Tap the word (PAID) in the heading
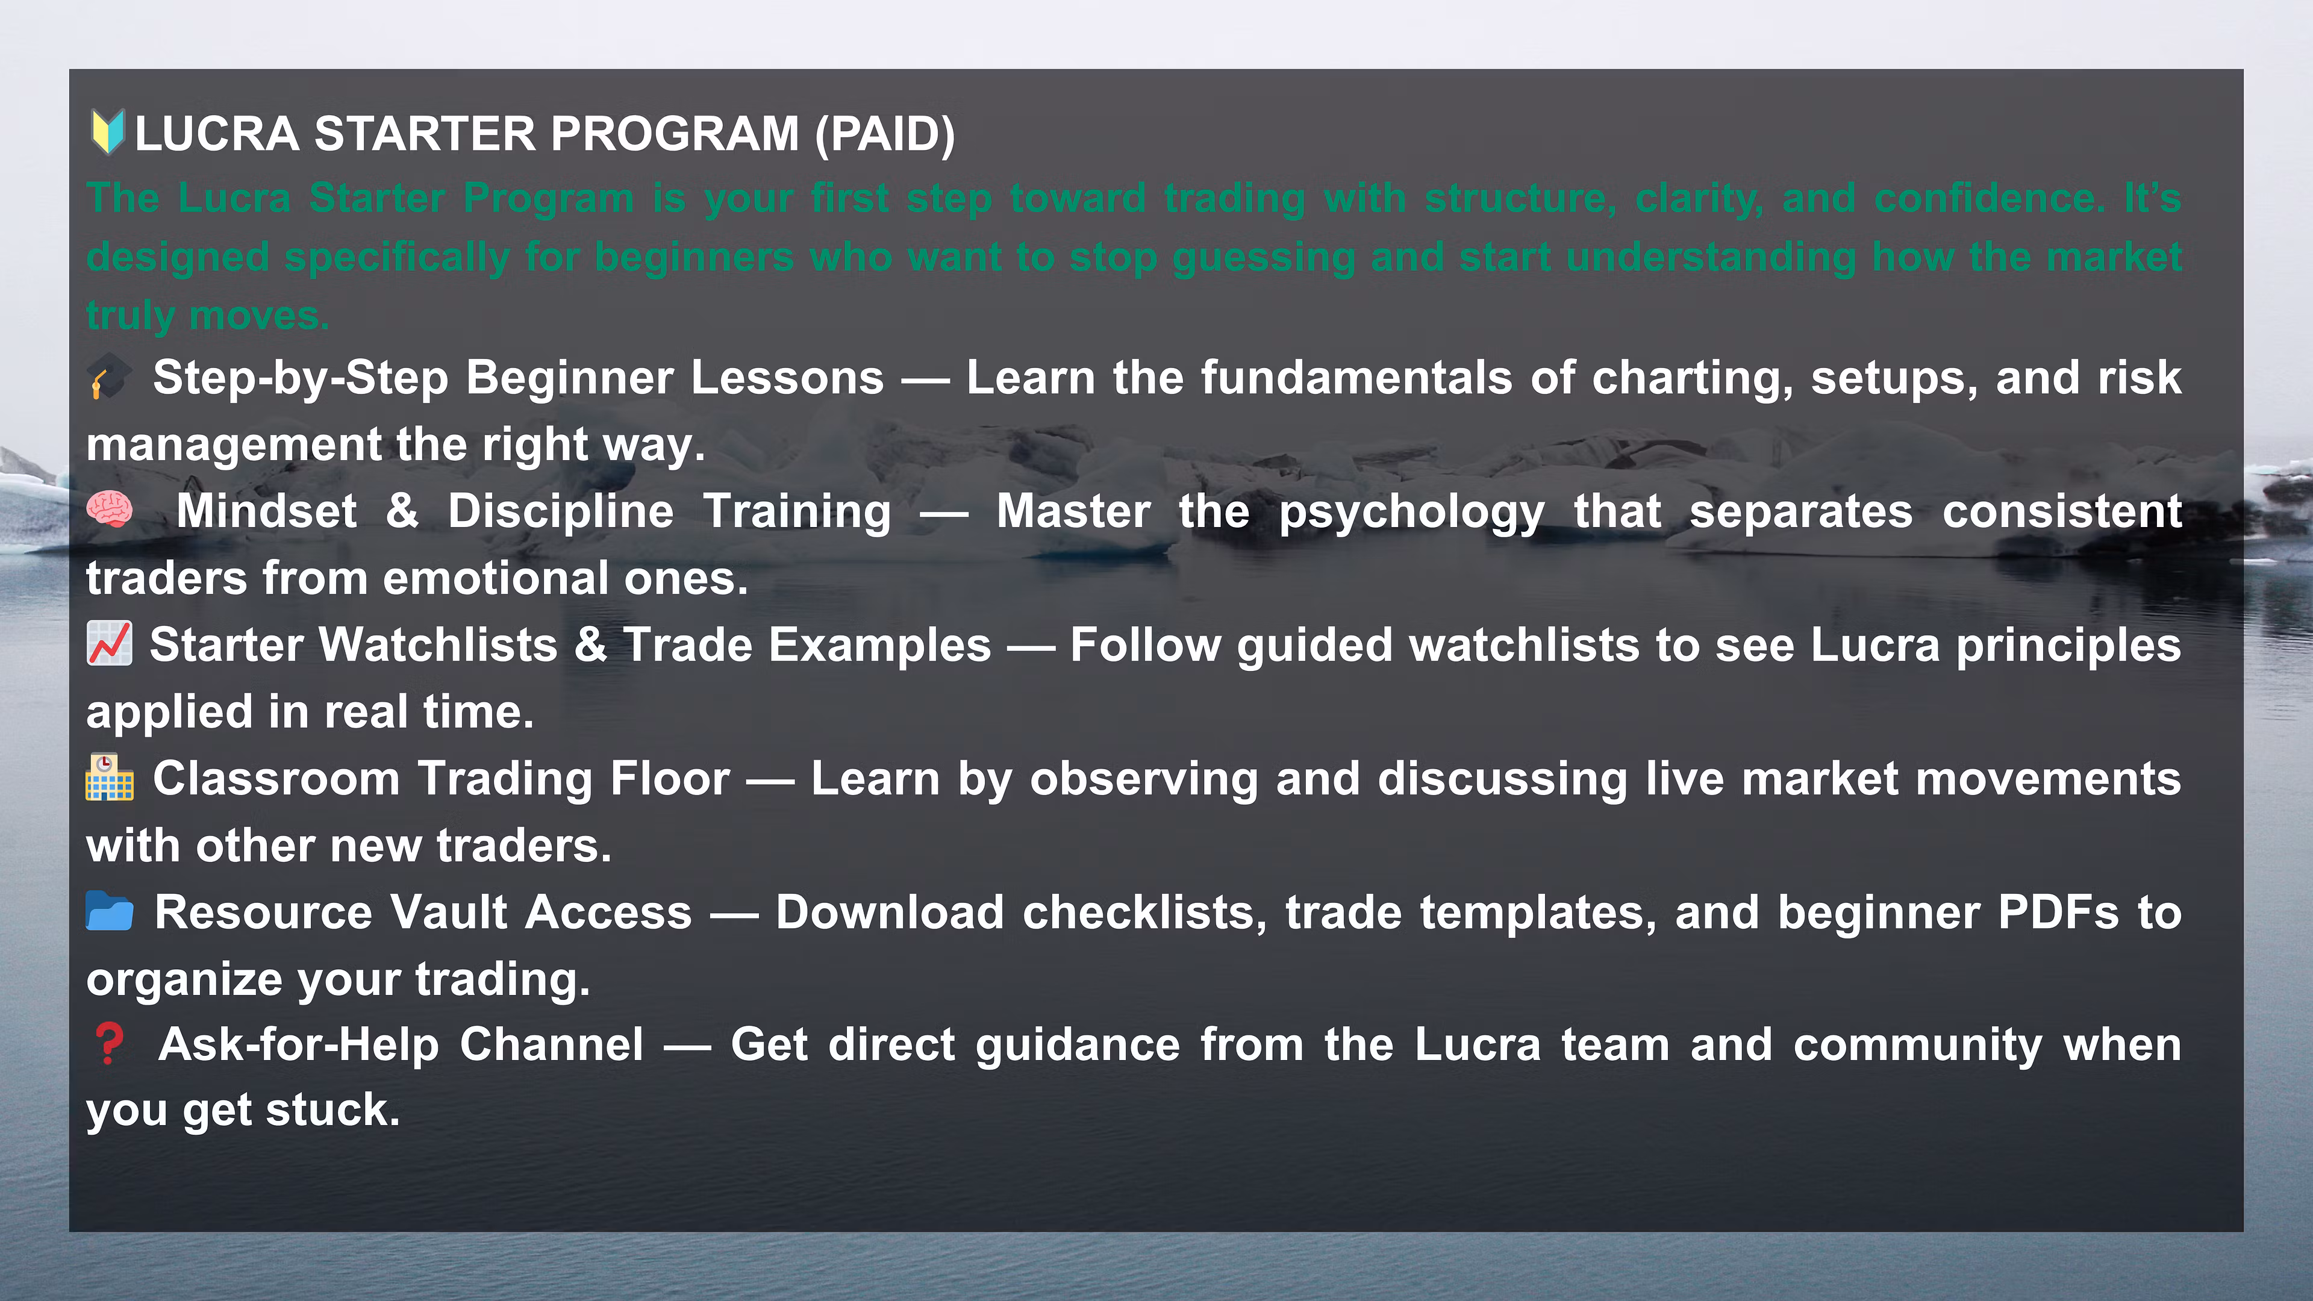tap(884, 135)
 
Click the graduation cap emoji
tap(108, 377)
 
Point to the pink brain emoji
tap(110, 510)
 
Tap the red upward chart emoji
tap(110, 644)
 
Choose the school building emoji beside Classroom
tap(110, 778)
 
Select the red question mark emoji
tap(108, 1044)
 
